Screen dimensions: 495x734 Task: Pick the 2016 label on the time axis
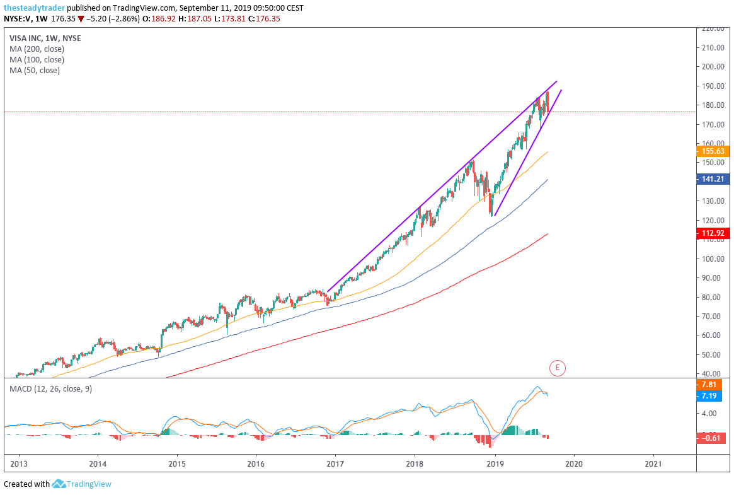click(x=256, y=463)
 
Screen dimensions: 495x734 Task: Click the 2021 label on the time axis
click(x=654, y=463)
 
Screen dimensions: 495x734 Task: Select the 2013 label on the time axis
click(x=19, y=463)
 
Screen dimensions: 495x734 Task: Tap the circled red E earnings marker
click(x=557, y=368)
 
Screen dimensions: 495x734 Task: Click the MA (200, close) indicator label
click(x=37, y=49)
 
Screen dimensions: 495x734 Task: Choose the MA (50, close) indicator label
click(x=35, y=70)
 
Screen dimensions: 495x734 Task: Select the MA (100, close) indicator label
click(x=37, y=59)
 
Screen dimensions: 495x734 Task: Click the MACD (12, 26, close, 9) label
click(x=50, y=389)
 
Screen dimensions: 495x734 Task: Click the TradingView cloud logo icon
click(x=59, y=484)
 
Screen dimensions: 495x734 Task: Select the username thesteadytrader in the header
click(x=34, y=8)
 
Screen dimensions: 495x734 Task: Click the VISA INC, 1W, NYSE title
click(x=45, y=38)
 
